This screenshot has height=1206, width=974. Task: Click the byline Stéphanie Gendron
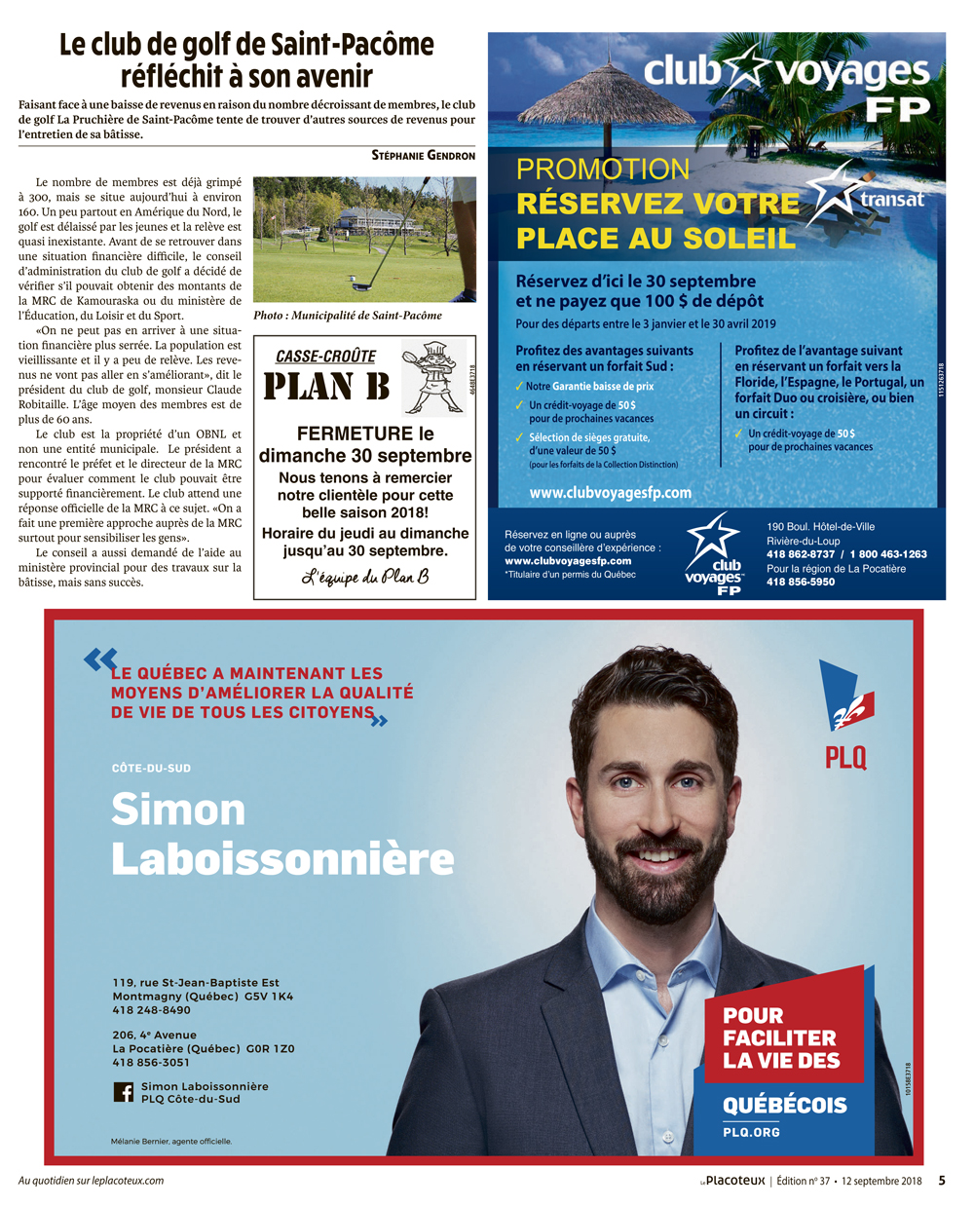tap(423, 156)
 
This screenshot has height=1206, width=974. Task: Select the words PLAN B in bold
tap(326, 387)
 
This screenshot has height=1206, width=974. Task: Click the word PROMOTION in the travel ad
tap(602, 170)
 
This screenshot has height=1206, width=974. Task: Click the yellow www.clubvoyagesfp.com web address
tap(610, 493)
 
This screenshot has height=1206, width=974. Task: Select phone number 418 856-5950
tap(800, 582)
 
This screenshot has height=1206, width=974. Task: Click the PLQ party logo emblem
tap(845, 698)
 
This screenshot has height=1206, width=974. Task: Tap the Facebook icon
tap(124, 1092)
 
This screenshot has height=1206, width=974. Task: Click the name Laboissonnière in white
tap(282, 859)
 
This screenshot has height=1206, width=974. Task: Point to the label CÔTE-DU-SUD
tap(151, 769)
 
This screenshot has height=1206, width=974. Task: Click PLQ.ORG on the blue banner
tap(751, 1132)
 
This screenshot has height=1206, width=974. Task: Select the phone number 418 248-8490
tap(151, 1010)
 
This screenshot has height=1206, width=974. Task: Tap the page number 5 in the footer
tap(942, 1181)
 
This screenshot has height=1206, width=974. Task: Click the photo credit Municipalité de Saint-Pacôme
tap(348, 316)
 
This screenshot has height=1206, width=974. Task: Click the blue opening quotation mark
tap(99, 660)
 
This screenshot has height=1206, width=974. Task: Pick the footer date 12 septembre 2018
tap(881, 1181)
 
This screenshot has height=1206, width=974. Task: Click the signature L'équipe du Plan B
tap(364, 578)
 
